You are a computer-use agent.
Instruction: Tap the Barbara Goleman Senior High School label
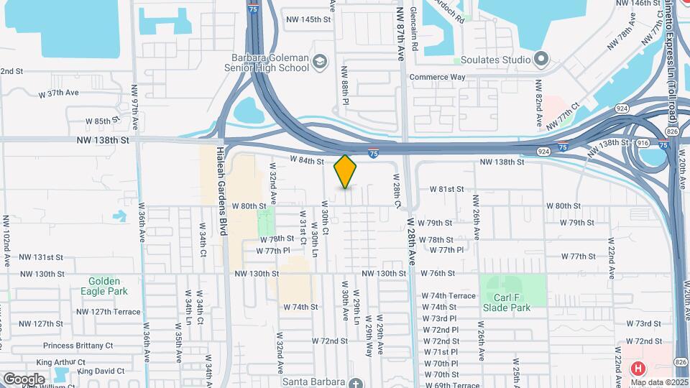point(270,63)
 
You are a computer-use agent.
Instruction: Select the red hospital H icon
point(637,369)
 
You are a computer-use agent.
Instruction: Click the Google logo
point(24,379)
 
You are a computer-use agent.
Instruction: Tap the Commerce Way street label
point(438,77)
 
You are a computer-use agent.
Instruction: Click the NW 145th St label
point(307,19)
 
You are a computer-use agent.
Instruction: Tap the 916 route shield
point(643,143)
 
